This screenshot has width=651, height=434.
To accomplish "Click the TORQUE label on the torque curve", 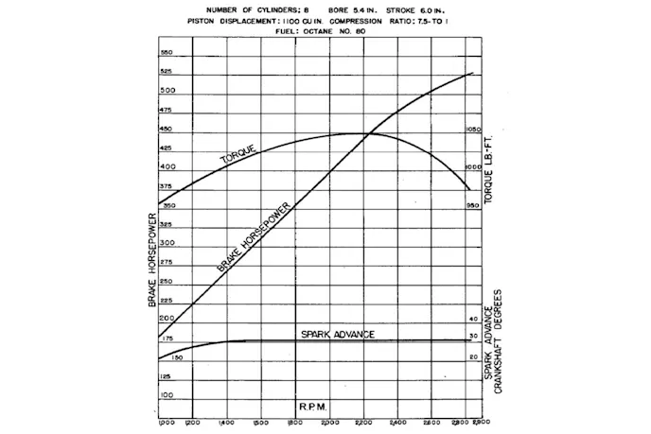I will [238, 156].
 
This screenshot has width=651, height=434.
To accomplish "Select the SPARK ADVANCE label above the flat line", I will [338, 335].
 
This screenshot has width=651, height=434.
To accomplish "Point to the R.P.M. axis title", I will [313, 406].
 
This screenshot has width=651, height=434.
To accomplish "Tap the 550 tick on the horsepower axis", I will [167, 53].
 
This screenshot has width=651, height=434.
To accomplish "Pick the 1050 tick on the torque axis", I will [475, 130].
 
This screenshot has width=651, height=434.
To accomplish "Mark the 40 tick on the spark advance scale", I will [473, 320].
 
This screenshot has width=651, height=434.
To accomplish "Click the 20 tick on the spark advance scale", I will [473, 357].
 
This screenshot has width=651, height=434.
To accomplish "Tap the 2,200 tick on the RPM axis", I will [361, 421].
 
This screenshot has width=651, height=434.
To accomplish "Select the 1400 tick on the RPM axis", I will [226, 421].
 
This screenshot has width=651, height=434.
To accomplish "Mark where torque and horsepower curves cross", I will [365, 133].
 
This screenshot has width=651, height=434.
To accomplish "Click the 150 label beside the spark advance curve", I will [176, 358].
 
